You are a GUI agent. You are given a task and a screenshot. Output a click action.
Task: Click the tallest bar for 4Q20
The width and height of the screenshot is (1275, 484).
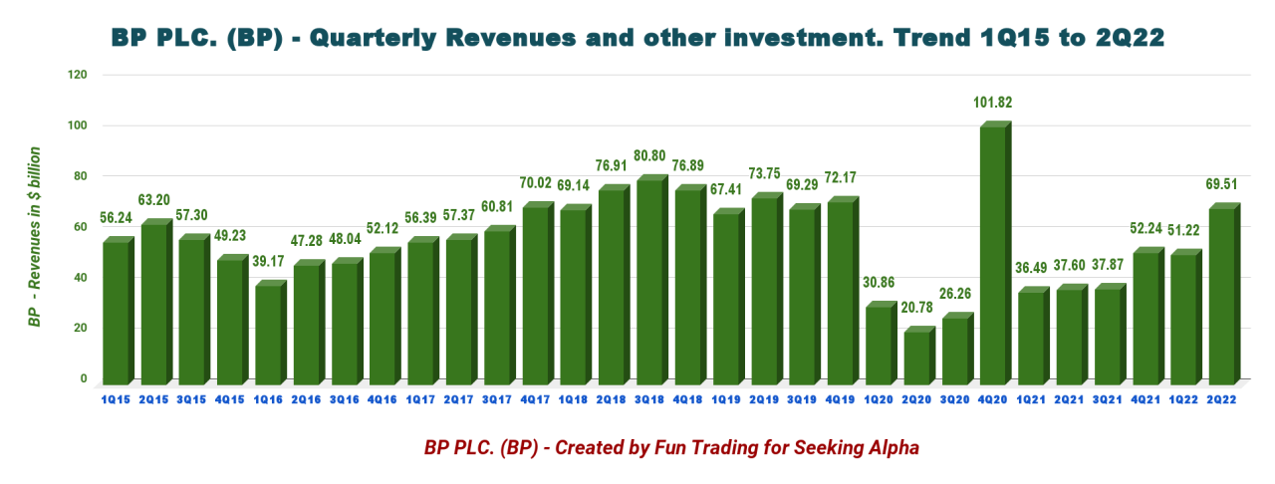[995, 254]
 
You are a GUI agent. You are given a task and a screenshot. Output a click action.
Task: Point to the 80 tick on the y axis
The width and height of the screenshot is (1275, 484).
[80, 176]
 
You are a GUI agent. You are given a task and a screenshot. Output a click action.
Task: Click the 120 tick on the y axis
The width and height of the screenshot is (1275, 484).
[78, 75]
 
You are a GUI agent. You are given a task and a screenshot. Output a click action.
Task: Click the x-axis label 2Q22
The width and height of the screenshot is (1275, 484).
[1223, 398]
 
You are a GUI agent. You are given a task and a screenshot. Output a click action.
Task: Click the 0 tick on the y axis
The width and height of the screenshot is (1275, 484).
[85, 378]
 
